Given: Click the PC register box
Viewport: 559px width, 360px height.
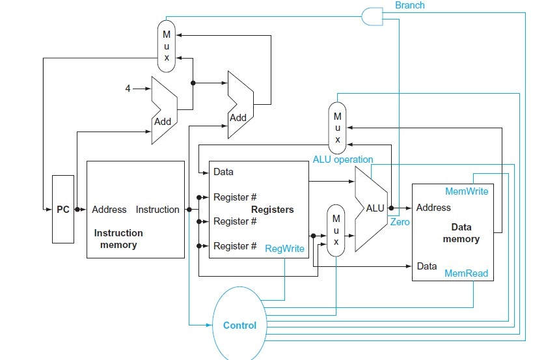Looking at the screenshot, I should (63, 209).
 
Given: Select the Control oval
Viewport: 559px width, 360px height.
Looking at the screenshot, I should (239, 325).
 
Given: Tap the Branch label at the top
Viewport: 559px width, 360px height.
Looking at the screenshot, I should (409, 5).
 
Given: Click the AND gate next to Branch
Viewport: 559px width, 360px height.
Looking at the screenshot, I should (372, 16).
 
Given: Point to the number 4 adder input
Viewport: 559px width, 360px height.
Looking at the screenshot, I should (128, 88).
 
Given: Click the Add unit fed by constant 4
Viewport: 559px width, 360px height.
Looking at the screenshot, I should (163, 109).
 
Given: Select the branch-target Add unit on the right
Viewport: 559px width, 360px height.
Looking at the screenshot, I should (239, 104).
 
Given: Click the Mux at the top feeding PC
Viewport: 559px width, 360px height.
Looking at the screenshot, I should (165, 45).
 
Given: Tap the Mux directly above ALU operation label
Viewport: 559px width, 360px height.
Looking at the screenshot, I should (337, 127).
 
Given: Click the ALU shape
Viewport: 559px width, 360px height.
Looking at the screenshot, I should (372, 208).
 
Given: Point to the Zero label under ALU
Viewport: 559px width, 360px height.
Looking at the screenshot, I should (400, 222).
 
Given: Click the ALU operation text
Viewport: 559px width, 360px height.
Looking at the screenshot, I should (343, 159).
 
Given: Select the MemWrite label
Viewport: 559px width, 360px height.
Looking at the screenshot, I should (466, 191).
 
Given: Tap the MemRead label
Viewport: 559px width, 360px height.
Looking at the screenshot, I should (466, 273).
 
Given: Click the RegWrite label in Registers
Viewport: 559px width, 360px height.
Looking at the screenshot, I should (284, 249).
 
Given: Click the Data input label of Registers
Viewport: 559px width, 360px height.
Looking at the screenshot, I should (223, 173).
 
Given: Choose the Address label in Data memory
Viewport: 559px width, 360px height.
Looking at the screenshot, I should (433, 208).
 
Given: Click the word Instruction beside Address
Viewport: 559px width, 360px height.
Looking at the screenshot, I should (157, 210).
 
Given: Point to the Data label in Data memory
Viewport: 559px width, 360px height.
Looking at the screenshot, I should (427, 266).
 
